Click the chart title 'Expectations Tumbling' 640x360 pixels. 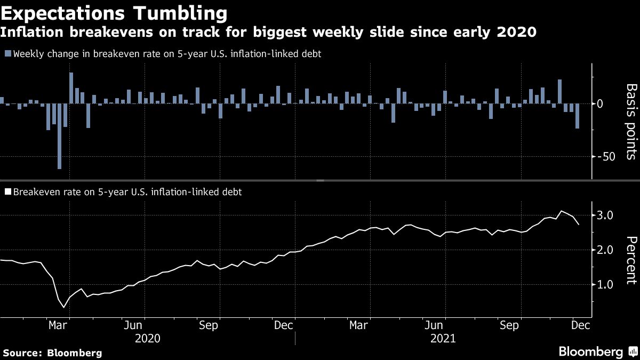point(113,13)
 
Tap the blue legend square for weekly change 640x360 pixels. point(7,54)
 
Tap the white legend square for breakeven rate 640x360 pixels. point(7,191)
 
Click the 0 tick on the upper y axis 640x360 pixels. point(614,103)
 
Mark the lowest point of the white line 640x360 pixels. point(65,307)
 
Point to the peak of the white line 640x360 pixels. point(561,211)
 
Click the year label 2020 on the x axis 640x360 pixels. point(148,338)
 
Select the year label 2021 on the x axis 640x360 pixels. point(443,338)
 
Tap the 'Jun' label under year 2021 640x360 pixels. point(436,325)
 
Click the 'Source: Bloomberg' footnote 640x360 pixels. point(52,353)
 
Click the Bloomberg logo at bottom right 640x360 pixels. point(597,352)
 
